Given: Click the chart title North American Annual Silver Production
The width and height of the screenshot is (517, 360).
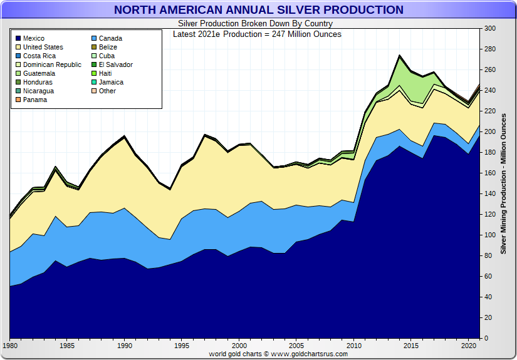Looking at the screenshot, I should [x=258, y=10].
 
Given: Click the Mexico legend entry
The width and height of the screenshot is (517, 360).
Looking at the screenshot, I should [x=34, y=38].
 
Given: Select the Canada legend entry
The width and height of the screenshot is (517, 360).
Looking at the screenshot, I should [x=112, y=38].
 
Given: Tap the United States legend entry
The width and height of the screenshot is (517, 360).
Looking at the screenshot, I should [x=43, y=47].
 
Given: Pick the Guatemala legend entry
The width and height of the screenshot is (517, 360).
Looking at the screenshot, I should [x=39, y=73].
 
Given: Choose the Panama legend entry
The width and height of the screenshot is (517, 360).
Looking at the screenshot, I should [x=35, y=100].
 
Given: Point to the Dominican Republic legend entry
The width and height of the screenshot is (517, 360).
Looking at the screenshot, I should [x=52, y=64].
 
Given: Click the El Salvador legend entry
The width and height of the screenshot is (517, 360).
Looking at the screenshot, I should [x=115, y=64].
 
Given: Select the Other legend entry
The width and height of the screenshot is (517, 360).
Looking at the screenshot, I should [x=107, y=91].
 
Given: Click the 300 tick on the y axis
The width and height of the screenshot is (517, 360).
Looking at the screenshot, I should [x=489, y=29].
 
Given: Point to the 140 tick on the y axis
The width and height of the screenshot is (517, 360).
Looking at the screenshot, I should [x=489, y=194].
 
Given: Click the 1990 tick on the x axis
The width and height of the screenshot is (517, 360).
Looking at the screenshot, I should [x=125, y=346].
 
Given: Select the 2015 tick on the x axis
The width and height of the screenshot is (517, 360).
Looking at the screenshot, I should [x=412, y=346].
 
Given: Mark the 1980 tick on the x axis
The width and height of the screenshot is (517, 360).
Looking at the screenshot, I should [x=10, y=346].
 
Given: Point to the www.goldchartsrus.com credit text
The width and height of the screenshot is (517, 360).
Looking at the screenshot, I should [x=278, y=354].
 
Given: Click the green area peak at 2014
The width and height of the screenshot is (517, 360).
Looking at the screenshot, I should [x=399, y=63].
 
